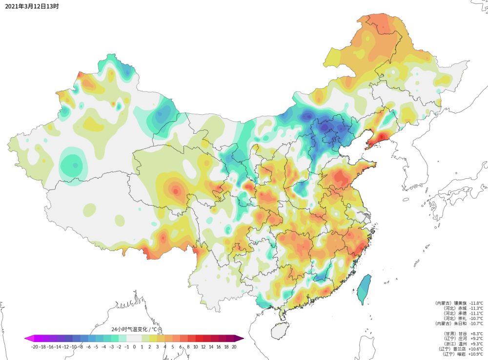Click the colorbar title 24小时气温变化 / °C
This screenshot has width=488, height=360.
click(134, 329)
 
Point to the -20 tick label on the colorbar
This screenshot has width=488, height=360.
click(34, 346)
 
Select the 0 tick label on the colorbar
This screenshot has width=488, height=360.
click(134, 346)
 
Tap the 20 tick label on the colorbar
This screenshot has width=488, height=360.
click(234, 346)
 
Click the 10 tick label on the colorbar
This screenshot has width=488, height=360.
click(196, 346)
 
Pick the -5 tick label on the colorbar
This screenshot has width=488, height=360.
click(96, 346)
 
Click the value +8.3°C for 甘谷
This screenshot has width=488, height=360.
click(476, 333)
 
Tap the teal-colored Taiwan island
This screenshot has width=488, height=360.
click(365, 288)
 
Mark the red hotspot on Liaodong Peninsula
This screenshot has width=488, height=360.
click(380, 140)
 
